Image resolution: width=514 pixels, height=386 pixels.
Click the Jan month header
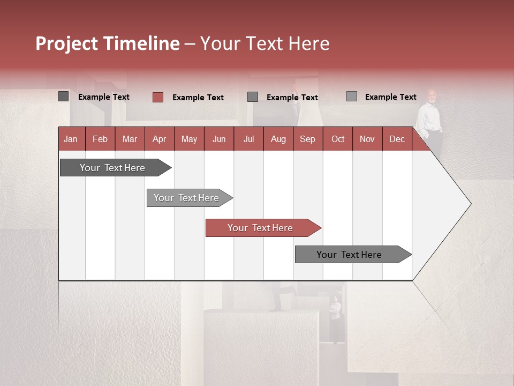coord(71,139)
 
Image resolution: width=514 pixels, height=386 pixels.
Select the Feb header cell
coord(100,139)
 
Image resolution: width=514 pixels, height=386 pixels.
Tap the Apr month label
coord(159,139)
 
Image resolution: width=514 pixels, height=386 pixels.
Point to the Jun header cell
coord(219,139)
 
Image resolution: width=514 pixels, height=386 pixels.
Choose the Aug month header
coord(278,139)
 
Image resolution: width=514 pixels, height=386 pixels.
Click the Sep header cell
coord(307,139)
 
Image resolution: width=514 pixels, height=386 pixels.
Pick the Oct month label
coord(338,139)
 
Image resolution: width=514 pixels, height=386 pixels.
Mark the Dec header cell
coord(397,139)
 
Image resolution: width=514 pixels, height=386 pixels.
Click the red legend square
coord(158,97)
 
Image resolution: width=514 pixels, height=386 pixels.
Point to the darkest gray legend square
coord(64,96)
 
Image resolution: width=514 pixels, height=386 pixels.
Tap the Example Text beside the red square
coord(198,98)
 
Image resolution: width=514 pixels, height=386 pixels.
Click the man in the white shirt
coord(430,121)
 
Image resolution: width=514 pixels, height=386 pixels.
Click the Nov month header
coord(367,139)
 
